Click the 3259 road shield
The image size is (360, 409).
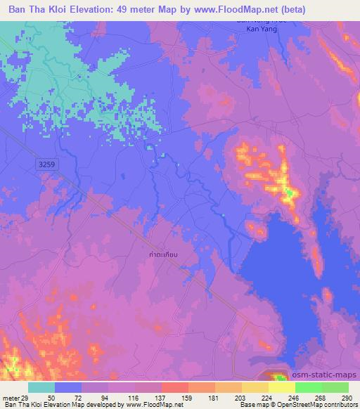pos(45,163)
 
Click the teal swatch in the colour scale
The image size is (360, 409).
pos(41,387)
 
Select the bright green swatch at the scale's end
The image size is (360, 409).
pos(335,387)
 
